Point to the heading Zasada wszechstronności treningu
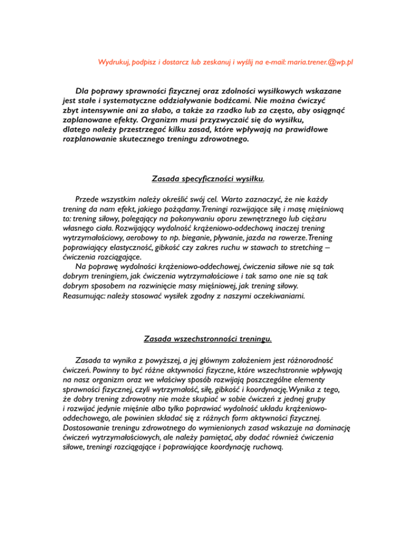pos(208,339)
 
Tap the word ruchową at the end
pos(269,448)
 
